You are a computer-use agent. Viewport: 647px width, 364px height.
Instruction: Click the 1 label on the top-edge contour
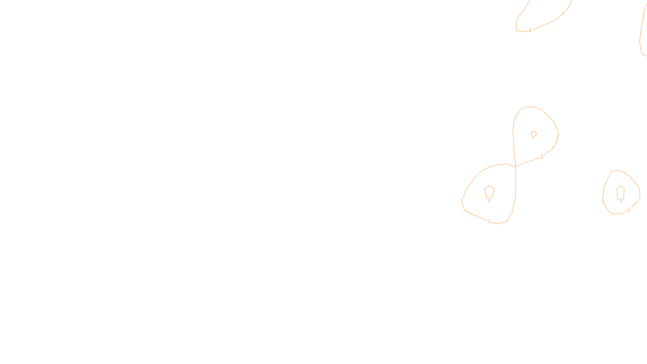coord(530,30)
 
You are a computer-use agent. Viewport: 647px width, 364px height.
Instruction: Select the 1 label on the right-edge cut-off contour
coord(643,17)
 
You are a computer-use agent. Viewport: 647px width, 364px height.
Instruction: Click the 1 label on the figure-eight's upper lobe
coord(542,157)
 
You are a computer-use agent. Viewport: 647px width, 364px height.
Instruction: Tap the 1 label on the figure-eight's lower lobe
coord(489,221)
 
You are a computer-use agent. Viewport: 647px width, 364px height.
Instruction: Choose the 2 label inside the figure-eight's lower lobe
coord(489,200)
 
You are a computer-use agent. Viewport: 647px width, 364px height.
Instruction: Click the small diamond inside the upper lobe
coord(534,134)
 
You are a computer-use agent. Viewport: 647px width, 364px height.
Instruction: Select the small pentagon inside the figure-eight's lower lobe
coord(489,191)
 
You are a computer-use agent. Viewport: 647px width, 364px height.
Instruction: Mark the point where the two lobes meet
coord(516,166)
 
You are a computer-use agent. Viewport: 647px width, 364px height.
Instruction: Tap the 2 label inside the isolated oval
coord(621,201)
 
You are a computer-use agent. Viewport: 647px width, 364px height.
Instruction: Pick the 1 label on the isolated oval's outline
coord(628,210)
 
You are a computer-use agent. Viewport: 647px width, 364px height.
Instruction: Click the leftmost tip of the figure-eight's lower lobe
coord(462,199)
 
